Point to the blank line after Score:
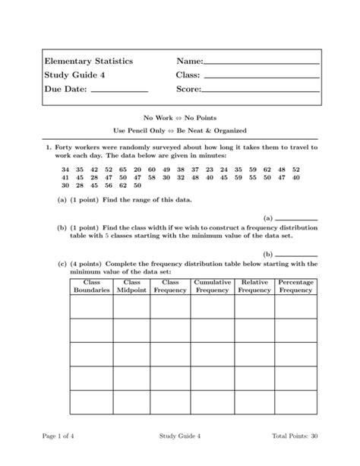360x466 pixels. (x=261, y=91)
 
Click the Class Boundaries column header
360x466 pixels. (x=92, y=286)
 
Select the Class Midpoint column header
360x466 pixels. (x=131, y=286)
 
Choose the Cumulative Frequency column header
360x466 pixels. (x=212, y=286)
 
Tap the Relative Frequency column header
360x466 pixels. (x=254, y=286)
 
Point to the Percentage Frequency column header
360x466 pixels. (x=295, y=286)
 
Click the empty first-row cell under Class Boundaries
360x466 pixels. (x=92, y=306)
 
